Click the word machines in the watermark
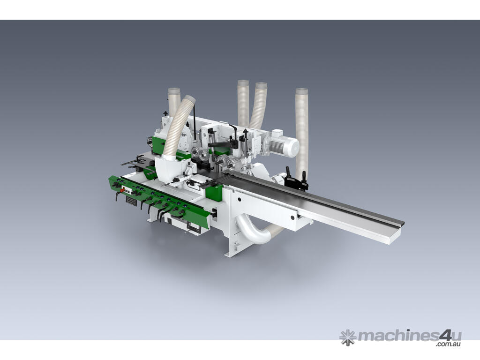[x=397, y=336]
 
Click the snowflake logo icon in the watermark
[x=348, y=337]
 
